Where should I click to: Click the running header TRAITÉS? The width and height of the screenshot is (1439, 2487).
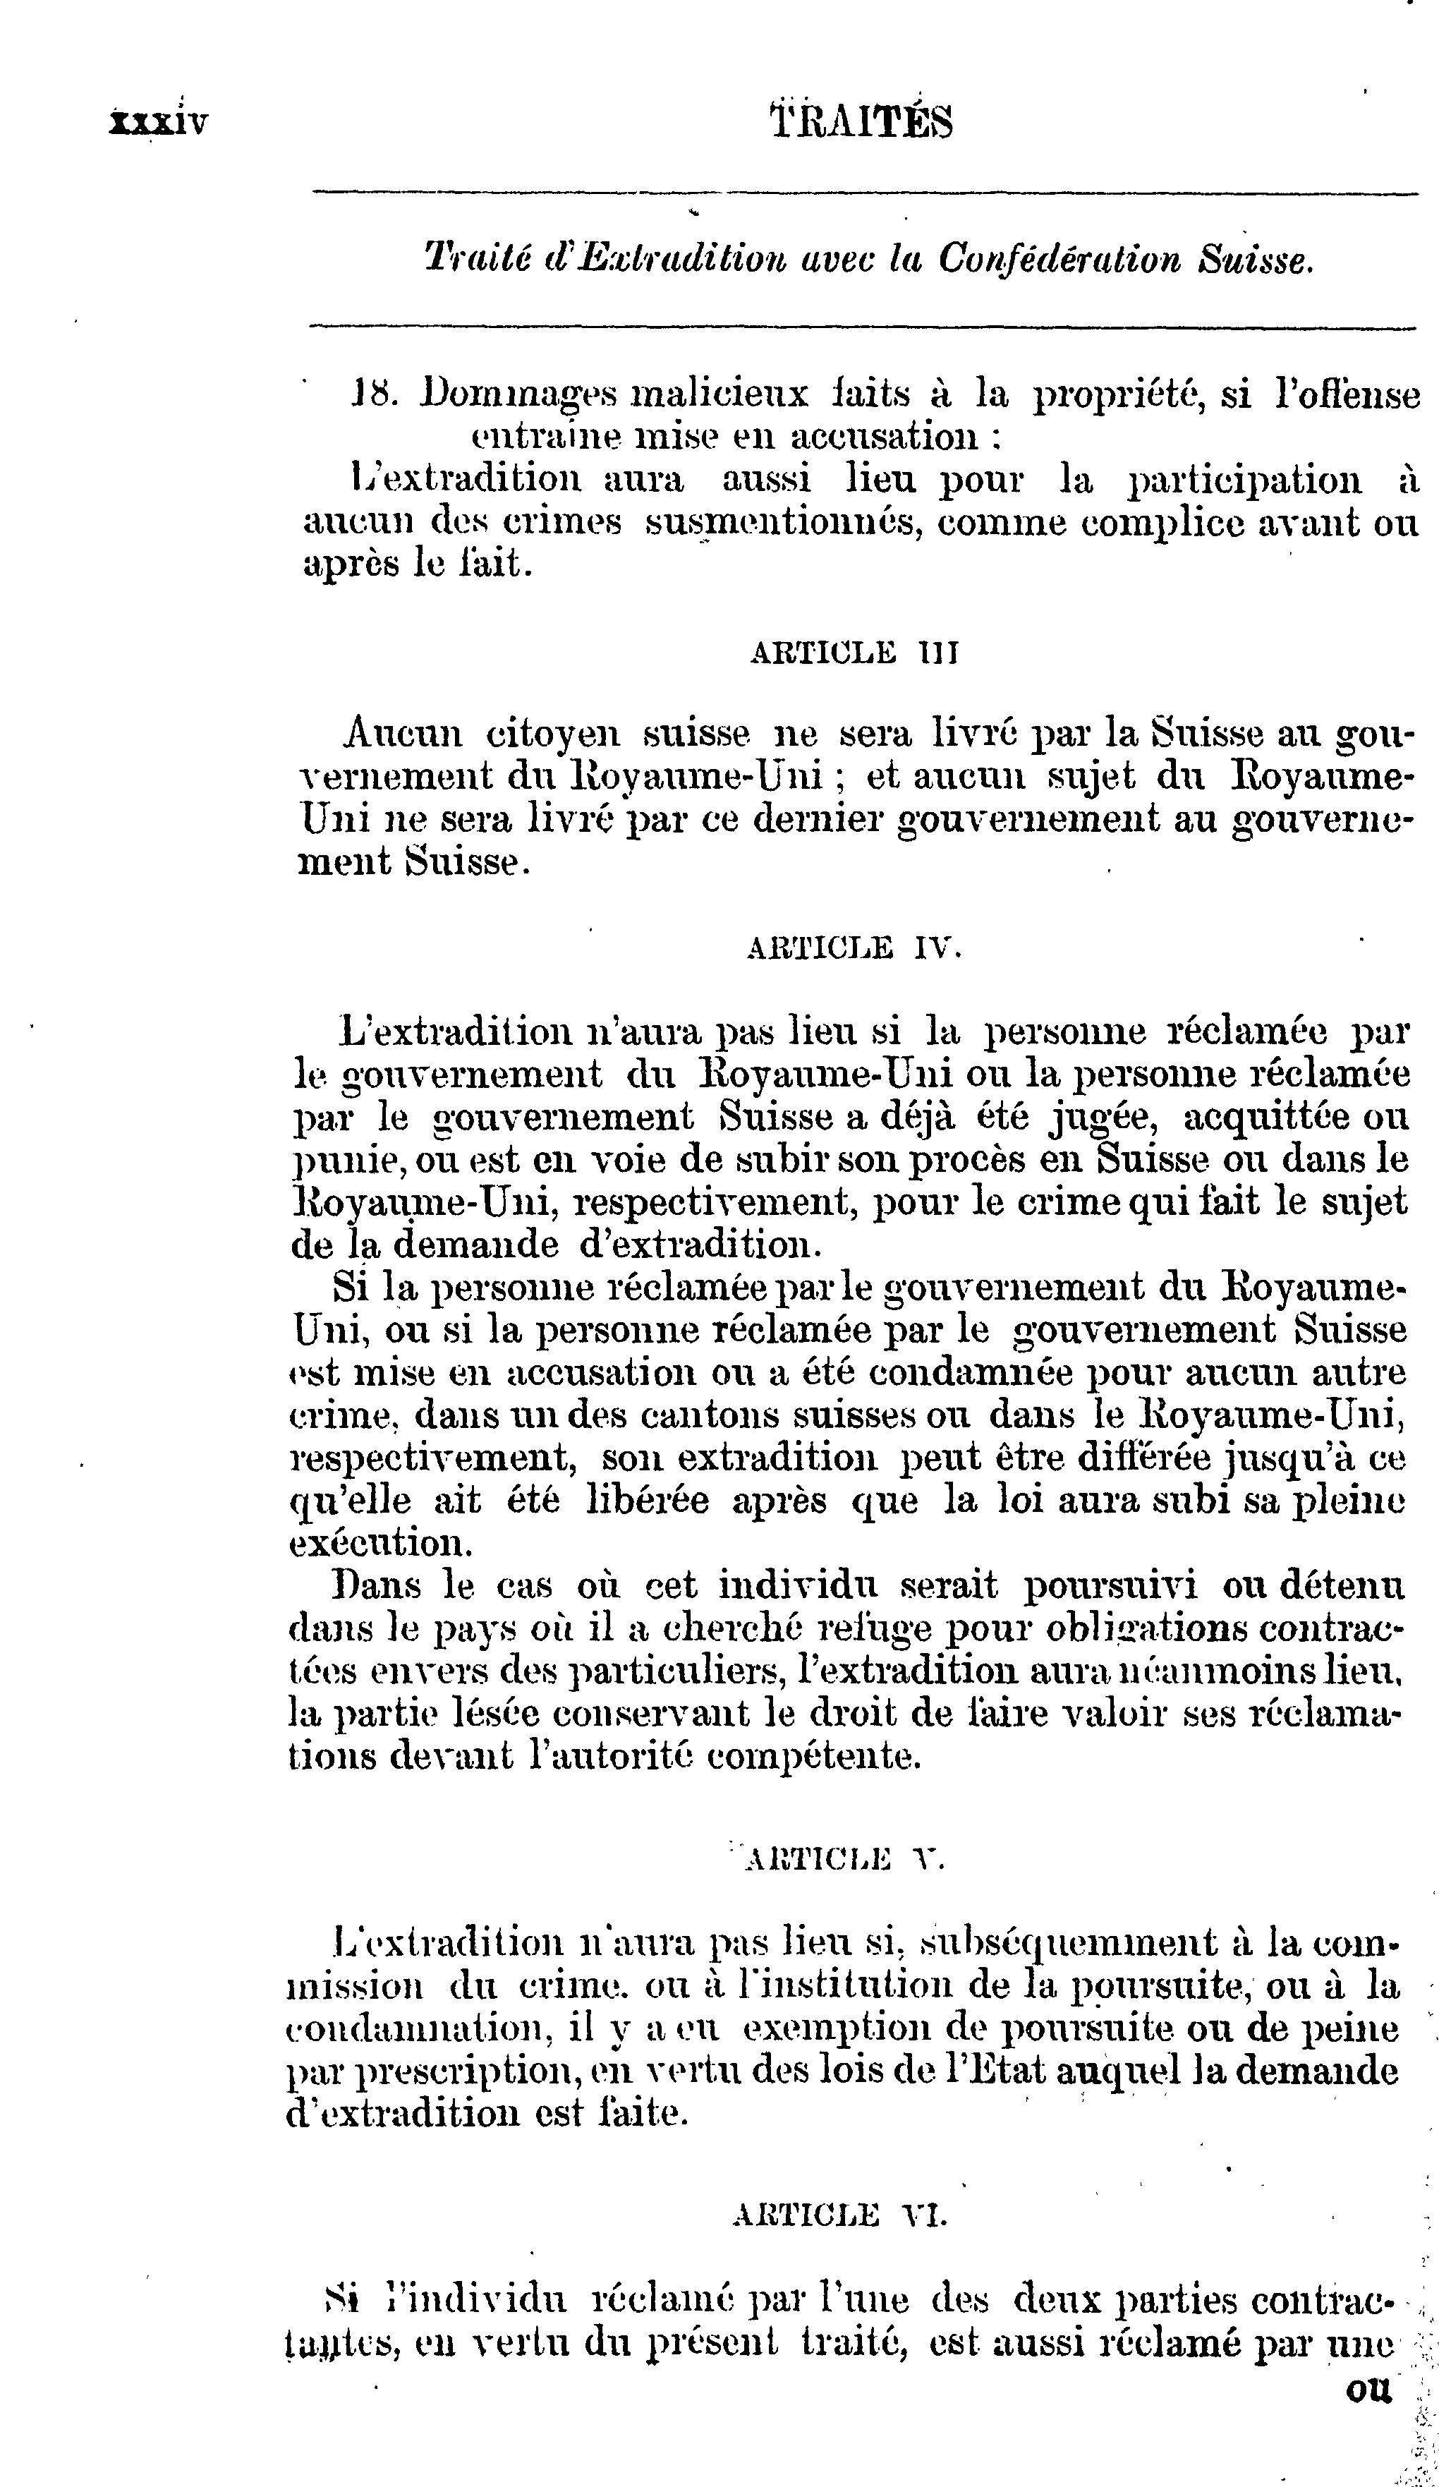tap(861, 122)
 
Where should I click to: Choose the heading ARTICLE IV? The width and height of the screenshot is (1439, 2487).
tap(854, 948)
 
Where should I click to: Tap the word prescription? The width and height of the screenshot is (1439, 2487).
tap(465, 2071)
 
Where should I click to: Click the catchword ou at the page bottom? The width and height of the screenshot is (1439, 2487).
tap(1367, 2391)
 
